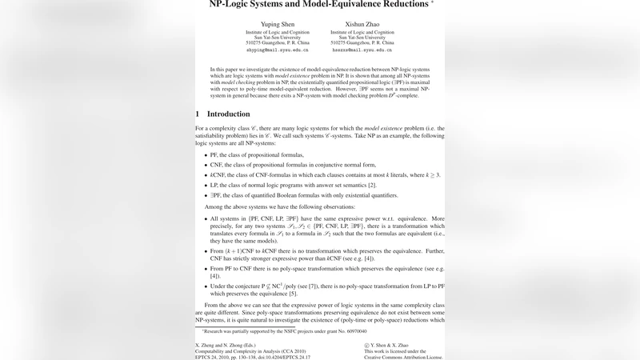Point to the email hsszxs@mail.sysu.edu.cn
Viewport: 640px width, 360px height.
(x=362, y=50)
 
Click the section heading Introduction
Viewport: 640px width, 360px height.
(x=228, y=114)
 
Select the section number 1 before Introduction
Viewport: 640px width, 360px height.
(x=198, y=114)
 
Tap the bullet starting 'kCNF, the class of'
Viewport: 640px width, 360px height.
(x=320, y=174)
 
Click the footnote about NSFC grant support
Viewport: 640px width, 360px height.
(x=284, y=330)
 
